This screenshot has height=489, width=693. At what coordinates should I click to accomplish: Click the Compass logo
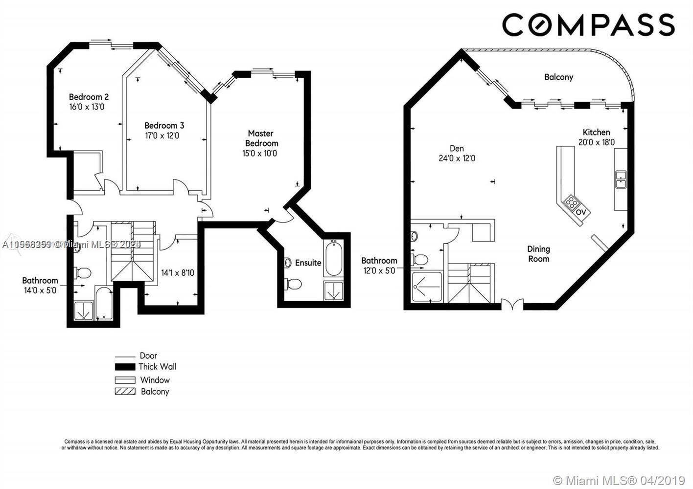pos(588,24)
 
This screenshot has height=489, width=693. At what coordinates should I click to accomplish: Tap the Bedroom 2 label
pos(89,97)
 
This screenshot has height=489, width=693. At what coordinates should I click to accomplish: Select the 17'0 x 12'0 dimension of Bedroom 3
pos(162,135)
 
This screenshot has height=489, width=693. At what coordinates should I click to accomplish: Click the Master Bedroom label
pos(261,138)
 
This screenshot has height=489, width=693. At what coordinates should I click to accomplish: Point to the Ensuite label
pos(308,263)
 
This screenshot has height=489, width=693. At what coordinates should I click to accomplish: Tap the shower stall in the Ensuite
pos(333,290)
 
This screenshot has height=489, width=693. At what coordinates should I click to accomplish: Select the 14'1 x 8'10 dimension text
pos(178,272)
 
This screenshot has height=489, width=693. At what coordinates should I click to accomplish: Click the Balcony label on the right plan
pos(558,77)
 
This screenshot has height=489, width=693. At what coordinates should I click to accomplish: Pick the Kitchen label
pos(596,132)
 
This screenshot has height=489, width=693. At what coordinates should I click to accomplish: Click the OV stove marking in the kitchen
pos(581,212)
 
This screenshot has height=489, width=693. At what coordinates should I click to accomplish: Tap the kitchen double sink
pos(621,179)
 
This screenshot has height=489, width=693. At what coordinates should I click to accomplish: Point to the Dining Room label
pos(538,254)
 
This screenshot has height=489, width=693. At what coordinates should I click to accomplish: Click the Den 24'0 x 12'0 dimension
pos(457,158)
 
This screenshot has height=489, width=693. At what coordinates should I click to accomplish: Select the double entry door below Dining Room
pos(512,305)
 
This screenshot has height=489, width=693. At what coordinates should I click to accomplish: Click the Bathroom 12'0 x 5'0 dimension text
pos(379,270)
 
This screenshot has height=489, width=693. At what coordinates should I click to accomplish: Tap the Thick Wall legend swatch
pos(125,367)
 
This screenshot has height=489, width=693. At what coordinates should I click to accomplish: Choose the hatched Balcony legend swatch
pos(125,391)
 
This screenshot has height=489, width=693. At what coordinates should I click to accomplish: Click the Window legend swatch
pos(125,380)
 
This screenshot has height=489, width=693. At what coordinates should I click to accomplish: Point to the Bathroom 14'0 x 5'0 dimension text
pos(40,290)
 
